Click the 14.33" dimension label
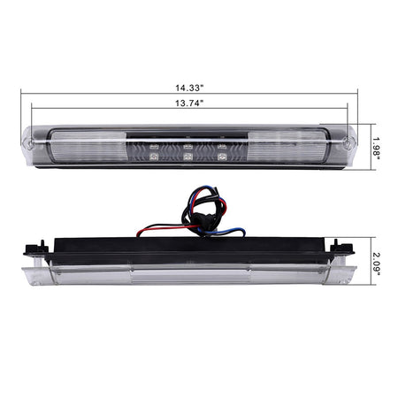click(x=189, y=88)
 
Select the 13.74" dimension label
click(x=189, y=103)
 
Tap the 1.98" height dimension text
click(x=376, y=148)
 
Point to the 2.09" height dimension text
click(x=376, y=264)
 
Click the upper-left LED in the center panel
click(x=154, y=147)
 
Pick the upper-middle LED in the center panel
click(x=188, y=147)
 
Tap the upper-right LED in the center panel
click(x=222, y=147)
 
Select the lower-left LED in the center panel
click(x=154, y=157)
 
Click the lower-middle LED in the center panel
click(x=188, y=157)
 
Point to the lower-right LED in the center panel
click(x=222, y=157)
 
